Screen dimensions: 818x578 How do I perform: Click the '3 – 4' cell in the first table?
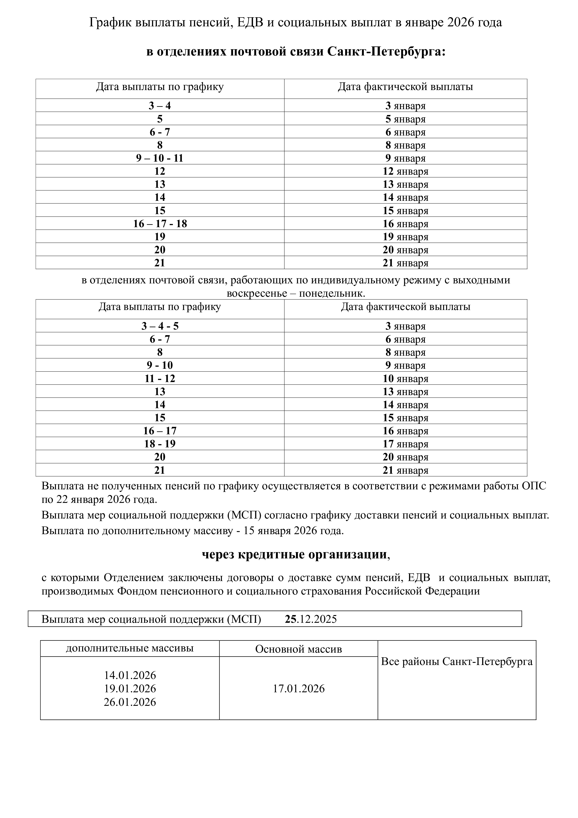pyautogui.click(x=160, y=106)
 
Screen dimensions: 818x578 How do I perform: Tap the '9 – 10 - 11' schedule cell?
pyautogui.click(x=160, y=158)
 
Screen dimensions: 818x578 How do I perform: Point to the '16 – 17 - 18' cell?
pyautogui.click(x=160, y=224)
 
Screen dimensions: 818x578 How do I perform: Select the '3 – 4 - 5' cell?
pyautogui.click(x=160, y=326)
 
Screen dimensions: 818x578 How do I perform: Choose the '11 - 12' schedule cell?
pyautogui.click(x=160, y=378)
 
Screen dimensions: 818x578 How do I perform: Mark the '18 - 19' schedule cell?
pyautogui.click(x=160, y=444)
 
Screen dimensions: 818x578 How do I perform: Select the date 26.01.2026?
pyautogui.click(x=130, y=702)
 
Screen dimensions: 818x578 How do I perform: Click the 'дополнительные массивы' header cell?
pyautogui.click(x=130, y=648)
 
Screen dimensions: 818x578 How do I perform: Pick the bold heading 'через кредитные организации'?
pyautogui.click(x=294, y=555)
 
